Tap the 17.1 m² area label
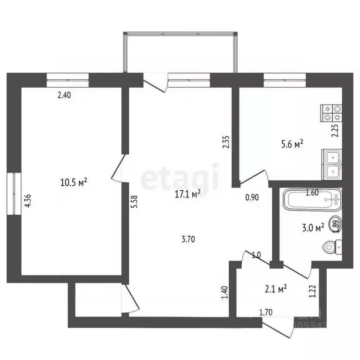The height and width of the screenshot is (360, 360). (x=188, y=194)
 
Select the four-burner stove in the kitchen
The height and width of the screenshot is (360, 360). (x=332, y=113)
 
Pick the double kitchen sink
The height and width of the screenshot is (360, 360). (x=332, y=165)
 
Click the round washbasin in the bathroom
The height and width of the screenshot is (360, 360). (x=336, y=224)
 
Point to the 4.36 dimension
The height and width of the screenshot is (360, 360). (x=28, y=201)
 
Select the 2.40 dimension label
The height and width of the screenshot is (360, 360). (x=64, y=96)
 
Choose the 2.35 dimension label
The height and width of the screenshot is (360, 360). (x=225, y=142)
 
